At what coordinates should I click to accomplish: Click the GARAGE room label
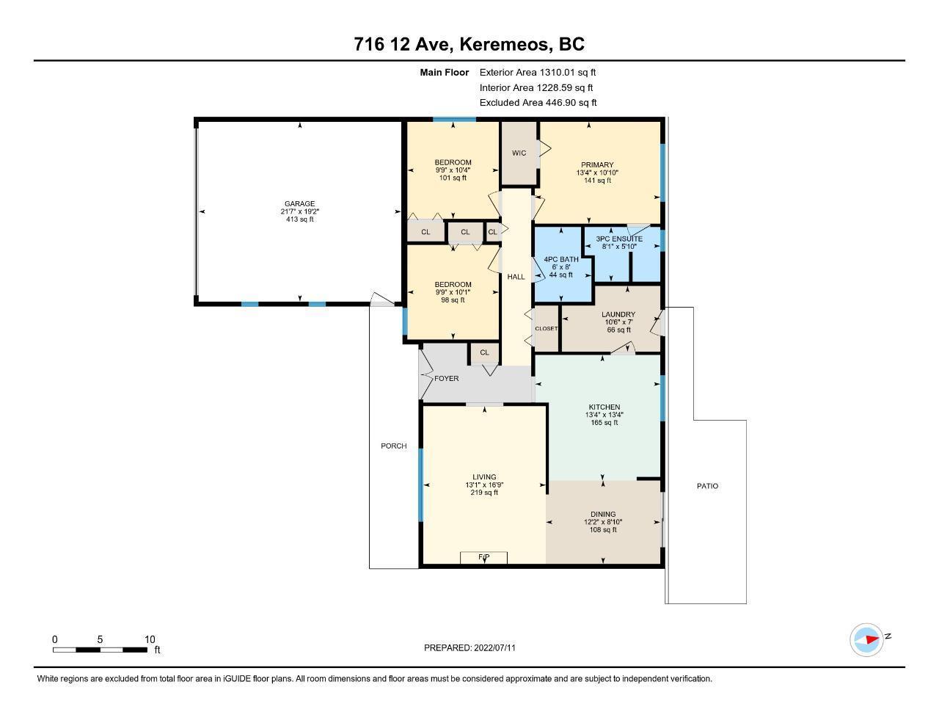[299, 203]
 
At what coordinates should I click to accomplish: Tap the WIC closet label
[519, 153]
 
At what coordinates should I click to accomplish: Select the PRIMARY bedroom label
[597, 164]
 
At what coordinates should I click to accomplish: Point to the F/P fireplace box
[483, 557]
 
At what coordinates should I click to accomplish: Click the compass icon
[866, 640]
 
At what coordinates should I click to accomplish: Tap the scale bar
[100, 650]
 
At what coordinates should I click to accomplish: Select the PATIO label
[707, 486]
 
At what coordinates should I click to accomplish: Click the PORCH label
[394, 446]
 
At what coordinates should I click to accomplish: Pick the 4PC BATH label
[561, 259]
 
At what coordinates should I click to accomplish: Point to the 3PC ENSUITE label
[619, 239]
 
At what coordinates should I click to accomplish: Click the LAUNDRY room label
[618, 314]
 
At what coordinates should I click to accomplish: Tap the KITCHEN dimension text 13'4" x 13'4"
[604, 415]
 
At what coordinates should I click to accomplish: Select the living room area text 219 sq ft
[484, 493]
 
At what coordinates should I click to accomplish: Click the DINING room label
[603, 514]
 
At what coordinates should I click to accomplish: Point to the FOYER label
[446, 378]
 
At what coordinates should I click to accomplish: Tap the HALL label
[516, 277]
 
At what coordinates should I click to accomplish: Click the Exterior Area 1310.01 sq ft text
[538, 72]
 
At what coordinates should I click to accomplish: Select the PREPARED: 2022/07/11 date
[469, 647]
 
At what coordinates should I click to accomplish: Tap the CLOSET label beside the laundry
[547, 329]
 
